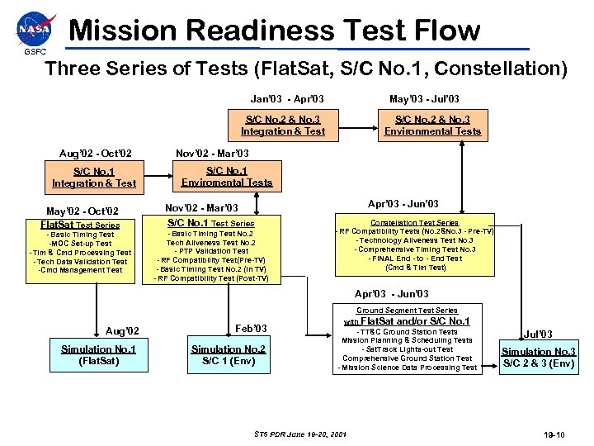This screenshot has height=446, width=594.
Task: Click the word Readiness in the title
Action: pyautogui.click(x=260, y=31)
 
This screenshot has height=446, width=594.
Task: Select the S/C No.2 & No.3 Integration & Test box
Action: pyautogui.click(x=283, y=126)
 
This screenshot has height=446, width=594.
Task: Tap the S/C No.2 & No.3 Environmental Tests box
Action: pyautogui.click(x=432, y=126)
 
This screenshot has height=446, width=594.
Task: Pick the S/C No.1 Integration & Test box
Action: pyautogui.click(x=94, y=178)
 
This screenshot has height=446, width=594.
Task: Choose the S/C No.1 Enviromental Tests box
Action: pyautogui.click(x=227, y=177)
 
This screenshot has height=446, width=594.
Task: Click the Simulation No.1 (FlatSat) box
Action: pyautogui.click(x=98, y=355)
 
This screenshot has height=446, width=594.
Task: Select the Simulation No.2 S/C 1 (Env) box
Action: pyautogui.click(x=228, y=355)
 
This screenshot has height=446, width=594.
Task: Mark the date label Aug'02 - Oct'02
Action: pyautogui.click(x=96, y=154)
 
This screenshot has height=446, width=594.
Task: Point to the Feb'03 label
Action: pyautogui.click(x=251, y=329)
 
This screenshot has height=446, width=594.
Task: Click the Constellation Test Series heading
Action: pyautogui.click(x=415, y=223)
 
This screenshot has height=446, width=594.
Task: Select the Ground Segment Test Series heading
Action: pyautogui.click(x=407, y=311)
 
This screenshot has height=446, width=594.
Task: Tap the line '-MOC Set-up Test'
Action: pyautogui.click(x=80, y=244)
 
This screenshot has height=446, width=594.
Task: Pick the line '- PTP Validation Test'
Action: pyautogui.click(x=211, y=252)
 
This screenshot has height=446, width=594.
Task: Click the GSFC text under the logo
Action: pyautogui.click(x=35, y=52)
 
